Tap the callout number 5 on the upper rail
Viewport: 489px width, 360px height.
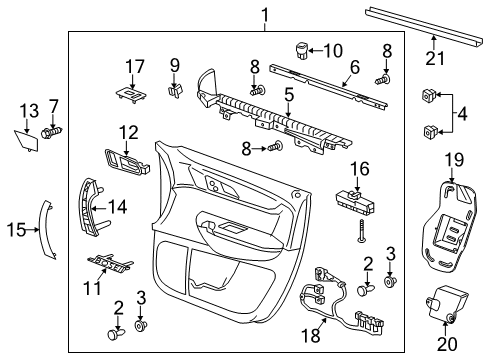tap(288, 97)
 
